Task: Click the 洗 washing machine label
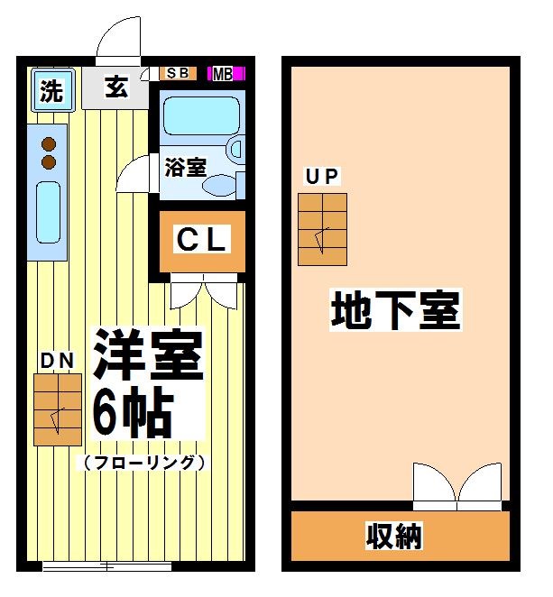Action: click(x=52, y=89)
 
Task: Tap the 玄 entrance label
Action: click(x=115, y=87)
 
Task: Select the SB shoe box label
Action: click(x=177, y=73)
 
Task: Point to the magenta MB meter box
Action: click(x=223, y=74)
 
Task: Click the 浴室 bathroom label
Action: click(x=185, y=167)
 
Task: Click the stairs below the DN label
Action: click(x=57, y=409)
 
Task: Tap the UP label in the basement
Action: click(x=322, y=177)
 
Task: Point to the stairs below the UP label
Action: click(x=322, y=228)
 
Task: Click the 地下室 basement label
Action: click(x=396, y=310)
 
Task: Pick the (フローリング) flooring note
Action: click(x=144, y=464)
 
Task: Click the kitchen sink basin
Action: click(x=47, y=212)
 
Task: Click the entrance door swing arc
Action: click(x=118, y=41)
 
